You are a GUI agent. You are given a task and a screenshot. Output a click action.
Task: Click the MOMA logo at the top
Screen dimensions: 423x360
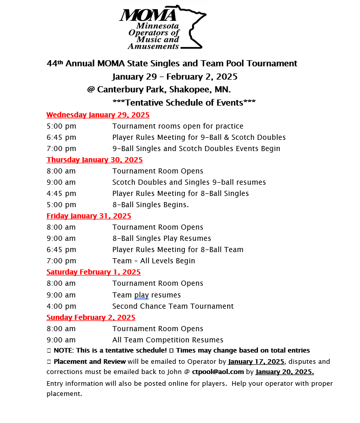pos(162,28)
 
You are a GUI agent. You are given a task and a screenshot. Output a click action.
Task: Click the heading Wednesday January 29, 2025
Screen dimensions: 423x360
pos(98,115)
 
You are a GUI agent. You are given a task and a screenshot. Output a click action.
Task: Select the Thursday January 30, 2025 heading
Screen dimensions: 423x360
pos(94,160)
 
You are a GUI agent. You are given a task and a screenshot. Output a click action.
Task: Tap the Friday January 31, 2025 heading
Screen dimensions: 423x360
pos(89,216)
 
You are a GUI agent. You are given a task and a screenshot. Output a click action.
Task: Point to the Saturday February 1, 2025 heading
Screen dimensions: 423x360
pos(93,272)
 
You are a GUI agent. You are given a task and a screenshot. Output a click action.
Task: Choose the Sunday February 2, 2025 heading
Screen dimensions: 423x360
pos(91,317)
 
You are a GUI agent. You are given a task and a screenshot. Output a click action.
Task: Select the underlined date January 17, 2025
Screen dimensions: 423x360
pos(256,361)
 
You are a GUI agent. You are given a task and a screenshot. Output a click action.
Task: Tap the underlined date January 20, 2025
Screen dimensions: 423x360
pos(284,372)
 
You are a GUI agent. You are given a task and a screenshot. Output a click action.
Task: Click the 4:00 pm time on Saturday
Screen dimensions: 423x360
pos(61,306)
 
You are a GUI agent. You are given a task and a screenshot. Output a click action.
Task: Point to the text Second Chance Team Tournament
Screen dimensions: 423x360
pos(173,306)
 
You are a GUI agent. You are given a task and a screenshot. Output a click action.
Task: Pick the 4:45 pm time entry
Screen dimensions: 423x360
pos(61,193)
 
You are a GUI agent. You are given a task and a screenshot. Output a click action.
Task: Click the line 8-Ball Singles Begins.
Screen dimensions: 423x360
pos(150,205)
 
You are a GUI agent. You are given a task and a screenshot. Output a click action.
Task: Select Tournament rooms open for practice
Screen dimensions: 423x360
pos(178,126)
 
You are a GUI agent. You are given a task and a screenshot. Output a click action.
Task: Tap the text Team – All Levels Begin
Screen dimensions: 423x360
pos(153,261)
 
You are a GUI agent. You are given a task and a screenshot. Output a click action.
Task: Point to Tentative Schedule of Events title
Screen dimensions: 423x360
pos(184,103)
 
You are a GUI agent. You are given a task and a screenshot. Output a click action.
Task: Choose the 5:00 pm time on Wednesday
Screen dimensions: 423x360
pos(61,126)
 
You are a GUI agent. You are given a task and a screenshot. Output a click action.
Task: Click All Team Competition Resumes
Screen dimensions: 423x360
pos(167,340)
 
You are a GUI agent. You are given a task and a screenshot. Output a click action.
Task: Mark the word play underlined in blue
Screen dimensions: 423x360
pos(141,295)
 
